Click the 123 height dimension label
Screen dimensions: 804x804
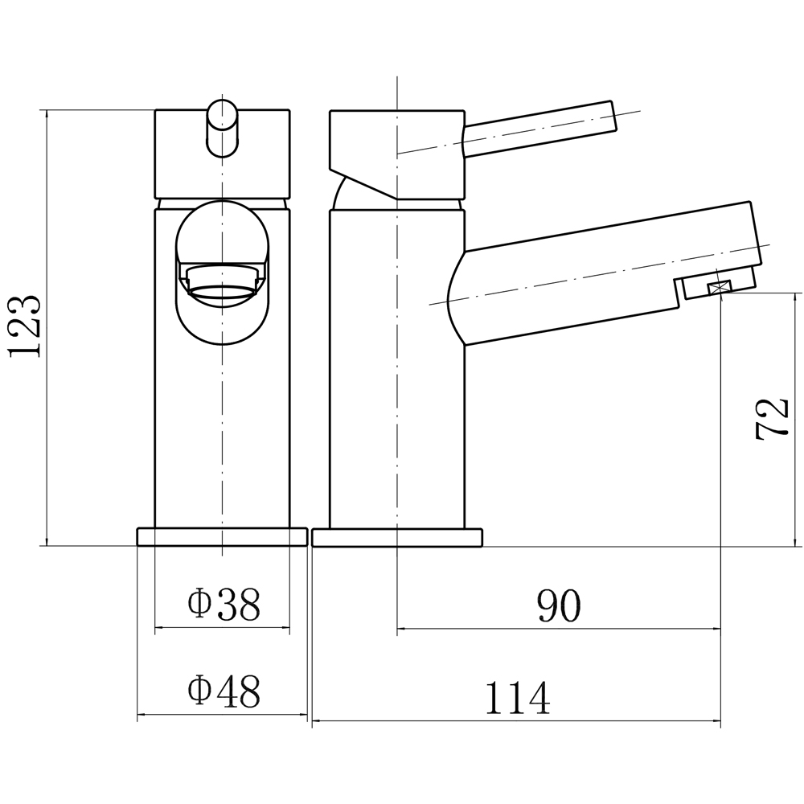click(x=24, y=326)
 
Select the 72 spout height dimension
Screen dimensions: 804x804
click(x=771, y=418)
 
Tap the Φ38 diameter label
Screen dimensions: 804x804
click(x=224, y=605)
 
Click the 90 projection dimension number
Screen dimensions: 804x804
click(x=559, y=605)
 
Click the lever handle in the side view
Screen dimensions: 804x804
click(x=539, y=129)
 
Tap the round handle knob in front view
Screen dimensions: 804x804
click(x=222, y=129)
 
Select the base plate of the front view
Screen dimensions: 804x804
click(x=222, y=537)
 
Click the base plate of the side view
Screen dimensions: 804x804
click(x=397, y=537)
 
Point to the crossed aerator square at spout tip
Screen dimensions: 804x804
click(x=719, y=289)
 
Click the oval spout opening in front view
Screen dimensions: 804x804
click(x=222, y=273)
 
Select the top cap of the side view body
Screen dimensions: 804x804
click(x=397, y=154)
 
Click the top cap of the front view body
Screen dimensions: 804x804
click(x=222, y=154)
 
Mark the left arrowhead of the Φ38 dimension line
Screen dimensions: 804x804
click(x=160, y=627)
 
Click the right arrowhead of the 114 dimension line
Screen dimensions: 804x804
click(x=715, y=721)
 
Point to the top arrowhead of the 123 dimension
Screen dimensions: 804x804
click(x=47, y=115)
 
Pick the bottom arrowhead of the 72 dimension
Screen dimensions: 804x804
click(x=795, y=540)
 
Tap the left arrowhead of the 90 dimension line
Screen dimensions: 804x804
click(x=403, y=628)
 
